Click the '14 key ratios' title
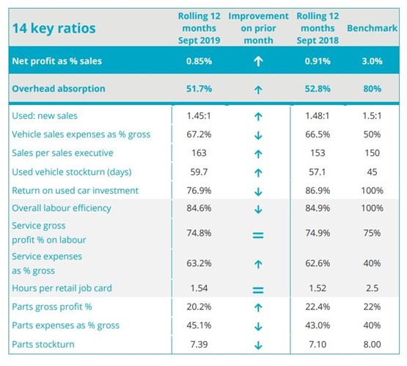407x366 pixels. (54, 28)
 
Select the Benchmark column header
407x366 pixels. (372, 28)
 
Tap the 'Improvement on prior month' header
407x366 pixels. (258, 28)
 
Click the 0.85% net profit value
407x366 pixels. (199, 61)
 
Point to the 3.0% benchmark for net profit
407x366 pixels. (372, 61)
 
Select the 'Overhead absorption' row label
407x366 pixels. (59, 89)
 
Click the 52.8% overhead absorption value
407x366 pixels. (318, 89)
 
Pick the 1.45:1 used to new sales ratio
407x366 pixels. (199, 116)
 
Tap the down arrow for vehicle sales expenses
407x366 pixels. (258, 135)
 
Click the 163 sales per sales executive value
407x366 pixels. (199, 153)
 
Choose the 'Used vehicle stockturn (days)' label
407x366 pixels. (72, 172)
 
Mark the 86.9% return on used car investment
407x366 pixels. (318, 190)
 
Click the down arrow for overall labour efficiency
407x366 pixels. (258, 209)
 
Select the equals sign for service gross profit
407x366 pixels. (258, 235)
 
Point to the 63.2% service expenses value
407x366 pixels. (199, 263)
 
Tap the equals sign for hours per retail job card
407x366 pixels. (258, 290)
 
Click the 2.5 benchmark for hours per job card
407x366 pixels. (372, 288)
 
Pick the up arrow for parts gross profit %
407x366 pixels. (258, 308)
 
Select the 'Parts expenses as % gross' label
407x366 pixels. (66, 326)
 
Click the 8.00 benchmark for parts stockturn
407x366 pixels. (372, 345)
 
